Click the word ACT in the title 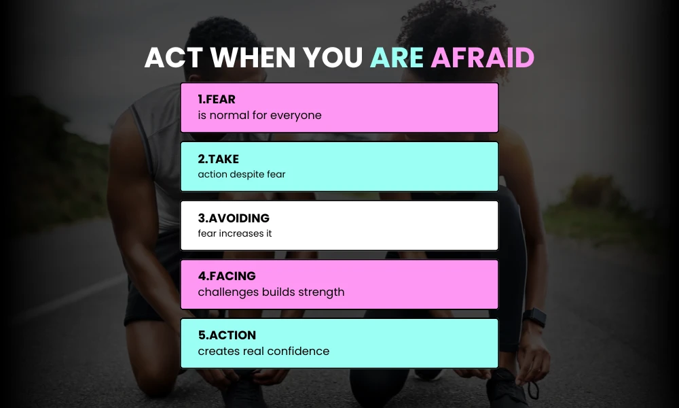pyautogui.click(x=174, y=58)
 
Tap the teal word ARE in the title pyautogui.click(x=397, y=58)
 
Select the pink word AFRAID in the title pyautogui.click(x=482, y=58)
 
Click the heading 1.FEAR pyautogui.click(x=217, y=100)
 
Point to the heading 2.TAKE pyautogui.click(x=219, y=159)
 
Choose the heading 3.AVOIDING pyautogui.click(x=234, y=218)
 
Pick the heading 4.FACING pyautogui.click(x=227, y=277)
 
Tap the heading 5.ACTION pyautogui.click(x=227, y=335)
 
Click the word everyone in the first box pyautogui.click(x=295, y=115)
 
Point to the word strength pyautogui.click(x=320, y=292)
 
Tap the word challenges pyautogui.click(x=228, y=292)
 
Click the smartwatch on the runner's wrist pyautogui.click(x=535, y=317)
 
